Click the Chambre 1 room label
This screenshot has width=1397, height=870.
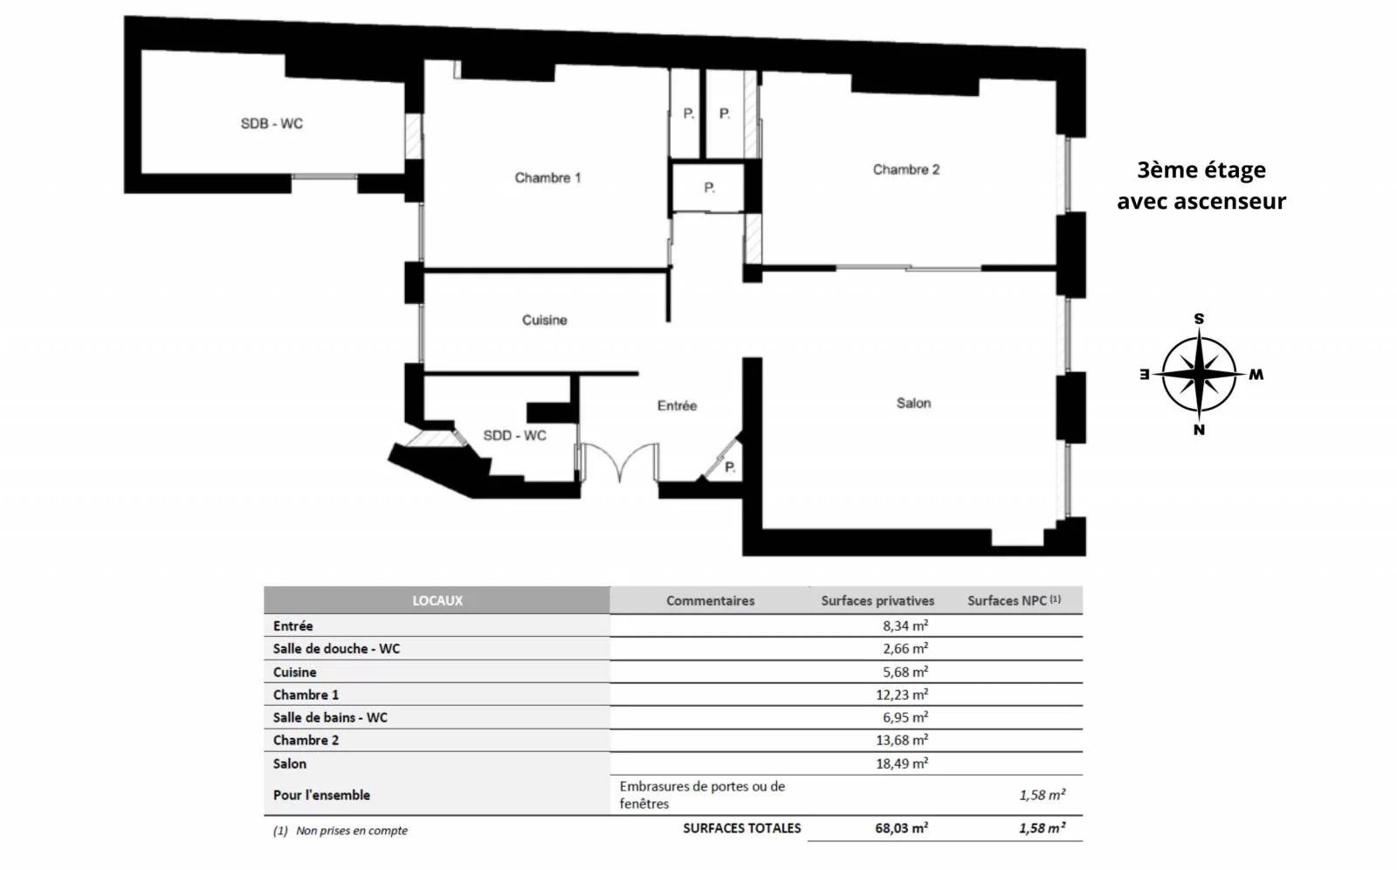coord(547,178)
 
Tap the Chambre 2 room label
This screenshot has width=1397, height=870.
coord(905,169)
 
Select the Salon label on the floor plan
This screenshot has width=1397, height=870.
coord(913,404)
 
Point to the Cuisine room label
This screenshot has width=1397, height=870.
coord(545,321)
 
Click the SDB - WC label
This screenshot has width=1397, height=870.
coord(272,123)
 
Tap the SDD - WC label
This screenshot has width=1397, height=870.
coord(514,435)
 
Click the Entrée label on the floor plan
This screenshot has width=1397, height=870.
coord(677,405)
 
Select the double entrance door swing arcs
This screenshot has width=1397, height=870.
coord(619,463)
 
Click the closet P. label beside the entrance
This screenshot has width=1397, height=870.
coord(730,466)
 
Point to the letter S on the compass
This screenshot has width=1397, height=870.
coord(1199,319)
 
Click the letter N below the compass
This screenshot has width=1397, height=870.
coord(1199,430)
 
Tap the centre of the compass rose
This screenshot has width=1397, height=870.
coord(1199,375)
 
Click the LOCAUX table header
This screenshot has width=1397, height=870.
coord(437,600)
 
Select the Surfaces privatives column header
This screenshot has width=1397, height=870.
coord(877,600)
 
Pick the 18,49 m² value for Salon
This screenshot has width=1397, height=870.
coord(902,763)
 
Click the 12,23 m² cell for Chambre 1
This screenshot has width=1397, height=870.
coord(902,694)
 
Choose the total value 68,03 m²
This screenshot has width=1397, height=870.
coord(902,828)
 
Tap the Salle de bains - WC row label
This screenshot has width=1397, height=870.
coord(330,718)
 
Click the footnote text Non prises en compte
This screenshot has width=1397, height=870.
coord(352,831)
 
